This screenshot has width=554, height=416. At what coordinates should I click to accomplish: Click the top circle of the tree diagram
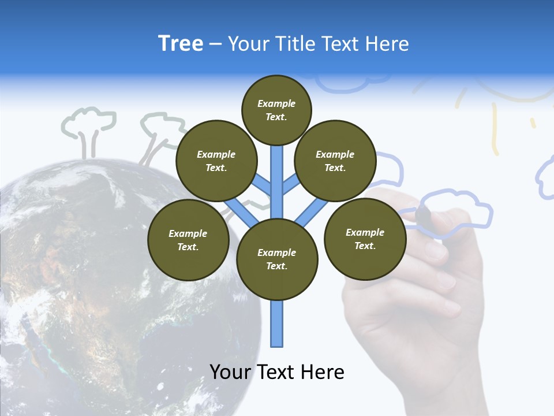coord(276,110)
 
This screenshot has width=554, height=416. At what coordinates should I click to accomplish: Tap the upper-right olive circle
coord(335,161)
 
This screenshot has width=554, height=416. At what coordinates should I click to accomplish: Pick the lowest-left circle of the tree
coord(188,240)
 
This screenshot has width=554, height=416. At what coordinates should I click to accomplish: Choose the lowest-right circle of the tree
coord(365,239)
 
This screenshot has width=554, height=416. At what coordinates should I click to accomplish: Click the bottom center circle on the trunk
coord(277,259)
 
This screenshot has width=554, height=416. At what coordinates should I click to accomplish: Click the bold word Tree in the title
coord(181,44)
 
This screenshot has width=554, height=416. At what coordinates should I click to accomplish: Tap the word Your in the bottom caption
coord(230,372)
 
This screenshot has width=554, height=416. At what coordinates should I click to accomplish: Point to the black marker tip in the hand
coord(423,215)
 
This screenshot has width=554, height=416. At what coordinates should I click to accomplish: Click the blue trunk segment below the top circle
coord(277,173)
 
